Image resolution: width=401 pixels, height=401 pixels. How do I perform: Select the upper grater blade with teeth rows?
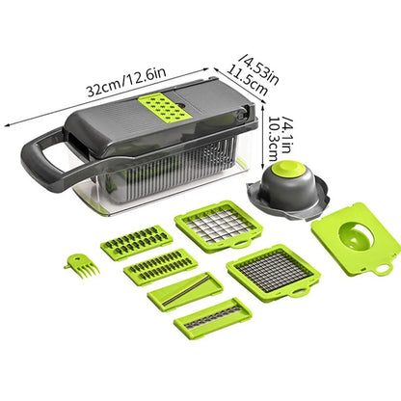[x=137, y=242]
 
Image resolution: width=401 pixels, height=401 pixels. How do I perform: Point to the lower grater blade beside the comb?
[x=160, y=266]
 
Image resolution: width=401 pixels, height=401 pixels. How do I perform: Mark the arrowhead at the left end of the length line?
[x=9, y=123]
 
